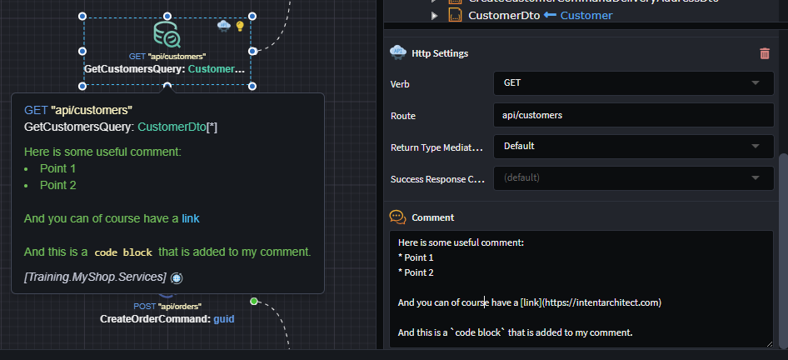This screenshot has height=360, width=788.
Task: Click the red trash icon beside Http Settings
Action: coord(765,53)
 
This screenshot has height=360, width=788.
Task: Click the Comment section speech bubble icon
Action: coord(398,217)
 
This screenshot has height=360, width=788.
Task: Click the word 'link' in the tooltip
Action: coord(191,218)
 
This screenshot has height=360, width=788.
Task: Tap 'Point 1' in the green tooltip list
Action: coord(58,168)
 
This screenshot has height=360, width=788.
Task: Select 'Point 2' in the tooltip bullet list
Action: coord(58,185)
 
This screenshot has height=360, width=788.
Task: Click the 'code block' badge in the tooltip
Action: coord(122,252)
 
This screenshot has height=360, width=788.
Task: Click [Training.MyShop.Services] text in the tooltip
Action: coord(95,277)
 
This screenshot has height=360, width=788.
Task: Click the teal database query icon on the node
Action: coord(167,34)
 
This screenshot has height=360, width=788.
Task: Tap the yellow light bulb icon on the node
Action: coord(240,26)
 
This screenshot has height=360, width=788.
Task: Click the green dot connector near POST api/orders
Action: coord(254,301)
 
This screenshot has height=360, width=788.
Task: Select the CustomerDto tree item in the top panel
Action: coord(500,15)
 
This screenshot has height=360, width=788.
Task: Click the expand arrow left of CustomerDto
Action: coord(434,15)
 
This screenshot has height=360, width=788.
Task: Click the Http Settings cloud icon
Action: coord(398,52)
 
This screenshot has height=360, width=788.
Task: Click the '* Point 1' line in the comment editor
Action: coord(416,257)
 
